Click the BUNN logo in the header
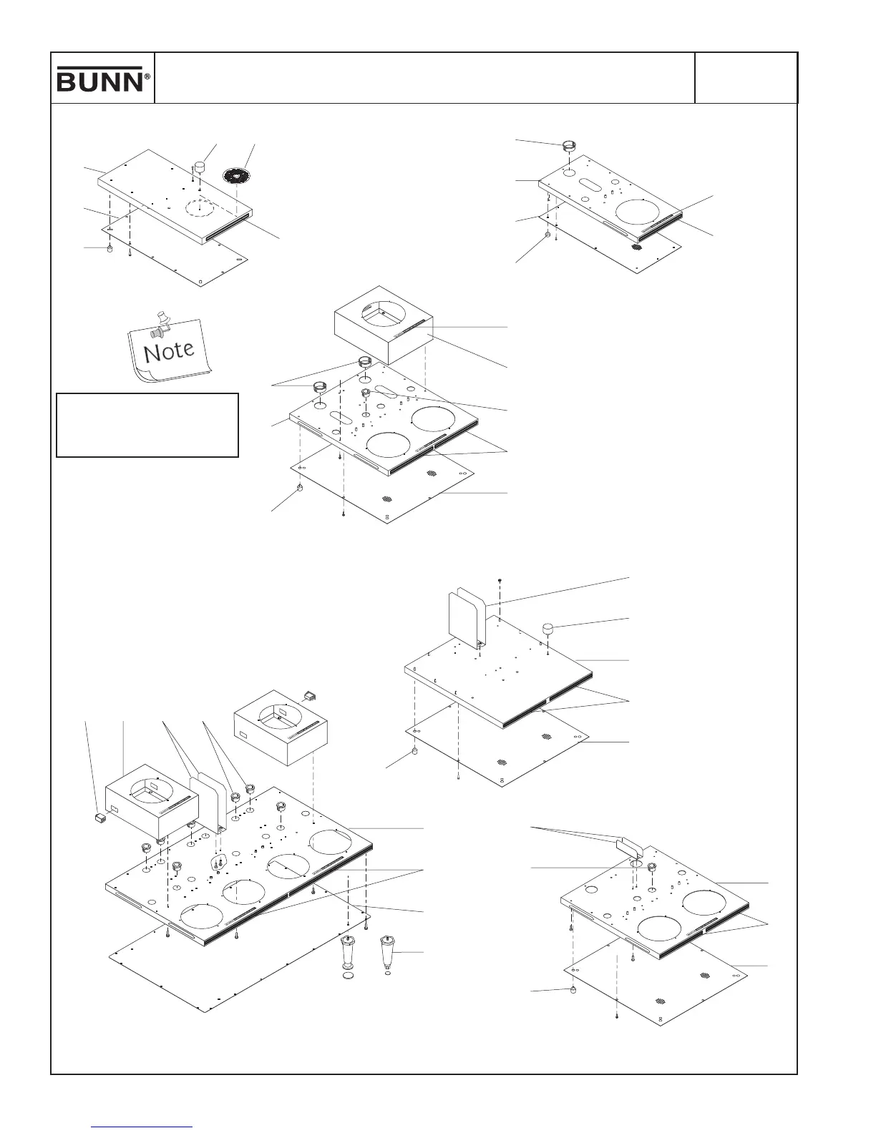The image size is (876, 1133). point(100,79)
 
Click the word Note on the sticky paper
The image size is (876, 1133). point(169,351)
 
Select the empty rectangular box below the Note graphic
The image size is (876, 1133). point(147,424)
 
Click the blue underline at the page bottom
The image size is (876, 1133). point(142,1127)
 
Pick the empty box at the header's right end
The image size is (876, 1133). point(746,77)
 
